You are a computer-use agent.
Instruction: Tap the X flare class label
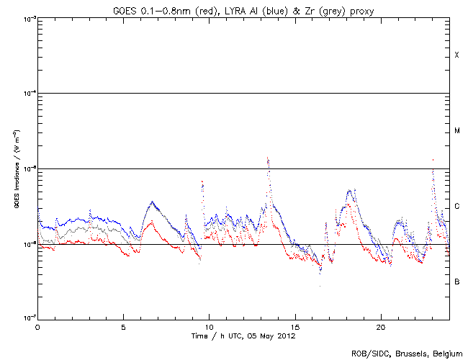click(456, 55)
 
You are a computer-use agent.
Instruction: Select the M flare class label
click(456, 131)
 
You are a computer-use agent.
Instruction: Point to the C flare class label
click(456, 207)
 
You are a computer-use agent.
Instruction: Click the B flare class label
click(456, 282)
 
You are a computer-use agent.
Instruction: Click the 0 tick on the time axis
click(37, 327)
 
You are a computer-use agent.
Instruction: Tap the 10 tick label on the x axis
click(209, 327)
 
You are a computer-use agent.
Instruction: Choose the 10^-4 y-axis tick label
click(28, 94)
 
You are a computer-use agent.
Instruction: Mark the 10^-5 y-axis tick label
click(28, 169)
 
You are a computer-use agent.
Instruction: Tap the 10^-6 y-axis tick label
click(28, 244)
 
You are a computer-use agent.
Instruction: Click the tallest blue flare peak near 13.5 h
click(268, 158)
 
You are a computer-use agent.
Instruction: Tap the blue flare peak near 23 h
click(433, 160)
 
